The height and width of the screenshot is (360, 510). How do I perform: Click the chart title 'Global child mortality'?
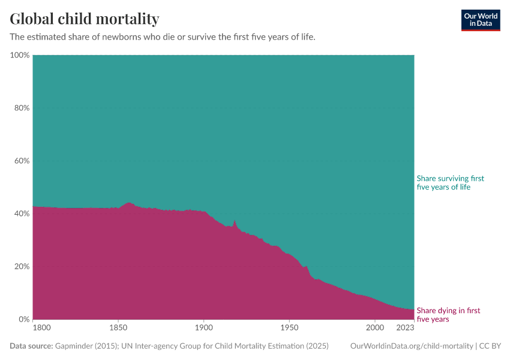tap(84, 19)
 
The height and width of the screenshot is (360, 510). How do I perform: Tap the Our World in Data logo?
tap(480, 20)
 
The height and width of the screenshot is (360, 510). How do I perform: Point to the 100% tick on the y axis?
tap(20, 55)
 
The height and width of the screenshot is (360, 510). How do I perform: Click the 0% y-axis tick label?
tap(23, 319)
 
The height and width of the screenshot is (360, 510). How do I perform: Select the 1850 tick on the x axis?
tap(118, 328)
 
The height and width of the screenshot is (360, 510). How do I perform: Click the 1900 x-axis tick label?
tap(203, 328)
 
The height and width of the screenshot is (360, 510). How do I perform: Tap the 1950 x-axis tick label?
tap(289, 328)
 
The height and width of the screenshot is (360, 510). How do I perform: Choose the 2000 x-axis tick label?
tap(374, 328)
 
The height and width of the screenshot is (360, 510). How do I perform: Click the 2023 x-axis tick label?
tap(405, 328)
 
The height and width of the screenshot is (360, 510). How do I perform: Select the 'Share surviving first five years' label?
tap(450, 183)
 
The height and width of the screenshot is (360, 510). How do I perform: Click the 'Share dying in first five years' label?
tap(448, 315)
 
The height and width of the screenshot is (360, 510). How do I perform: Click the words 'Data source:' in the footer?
tap(31, 346)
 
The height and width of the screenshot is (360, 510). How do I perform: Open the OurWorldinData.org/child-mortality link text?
tap(411, 346)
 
